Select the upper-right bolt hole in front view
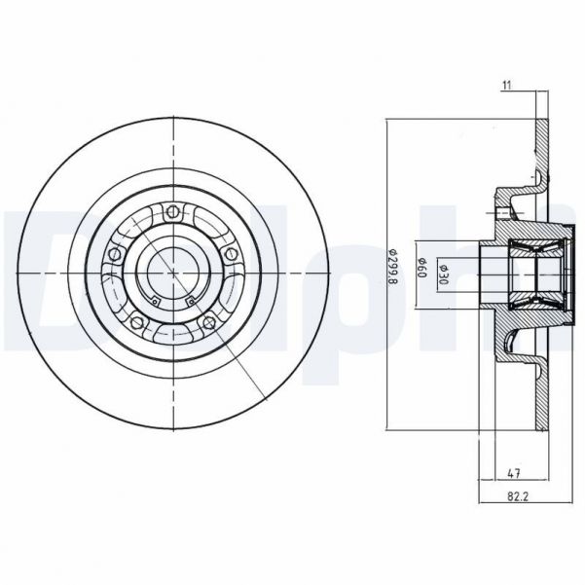[x=231, y=253]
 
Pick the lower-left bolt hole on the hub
[x=137, y=321]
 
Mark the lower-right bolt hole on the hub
[x=209, y=321]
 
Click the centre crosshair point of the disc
[x=173, y=273]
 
